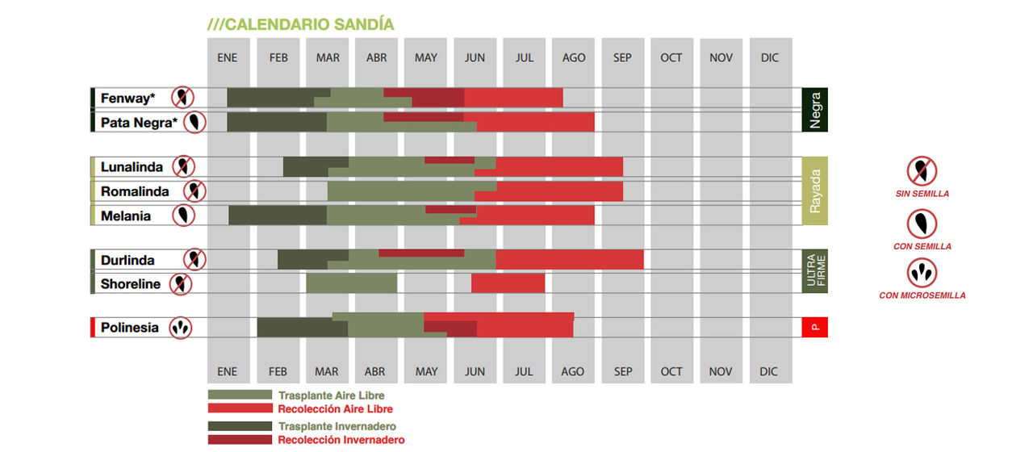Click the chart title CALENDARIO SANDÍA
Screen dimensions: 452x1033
(x=301, y=24)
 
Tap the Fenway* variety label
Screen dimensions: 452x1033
(x=128, y=98)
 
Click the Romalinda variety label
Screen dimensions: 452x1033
(x=135, y=191)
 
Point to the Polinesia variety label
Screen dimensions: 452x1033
(x=129, y=328)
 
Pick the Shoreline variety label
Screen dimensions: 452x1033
(x=131, y=284)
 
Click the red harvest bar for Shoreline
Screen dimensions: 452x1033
(x=508, y=283)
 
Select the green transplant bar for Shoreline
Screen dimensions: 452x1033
(x=351, y=283)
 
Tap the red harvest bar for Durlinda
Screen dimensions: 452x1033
(x=569, y=259)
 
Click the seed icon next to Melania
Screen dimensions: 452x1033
(x=186, y=216)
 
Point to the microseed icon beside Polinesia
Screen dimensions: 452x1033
(x=181, y=328)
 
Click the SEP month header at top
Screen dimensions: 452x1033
(x=622, y=58)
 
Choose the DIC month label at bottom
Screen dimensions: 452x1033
(x=769, y=372)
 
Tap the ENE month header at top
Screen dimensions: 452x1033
(x=228, y=58)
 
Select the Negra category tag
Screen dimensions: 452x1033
(x=815, y=110)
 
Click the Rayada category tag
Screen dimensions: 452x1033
(x=815, y=190)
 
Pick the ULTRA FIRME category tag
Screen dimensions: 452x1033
(x=815, y=270)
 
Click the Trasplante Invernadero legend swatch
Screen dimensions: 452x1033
(x=240, y=425)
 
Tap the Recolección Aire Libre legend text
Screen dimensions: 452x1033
(x=335, y=409)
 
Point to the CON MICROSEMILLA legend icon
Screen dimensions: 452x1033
(x=922, y=273)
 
